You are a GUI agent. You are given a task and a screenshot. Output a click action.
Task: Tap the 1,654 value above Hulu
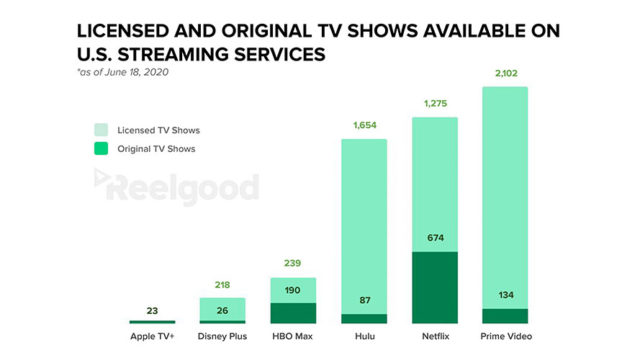[364, 124]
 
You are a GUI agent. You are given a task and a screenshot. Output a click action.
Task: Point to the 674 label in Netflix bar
[434, 238]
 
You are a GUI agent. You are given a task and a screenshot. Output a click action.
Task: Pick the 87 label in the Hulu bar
[364, 300]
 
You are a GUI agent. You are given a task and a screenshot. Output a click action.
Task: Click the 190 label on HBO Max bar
[293, 291]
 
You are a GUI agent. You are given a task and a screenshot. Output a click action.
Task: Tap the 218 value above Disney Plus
[222, 284]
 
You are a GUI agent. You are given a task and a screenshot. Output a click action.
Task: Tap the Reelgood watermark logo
[176, 187]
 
